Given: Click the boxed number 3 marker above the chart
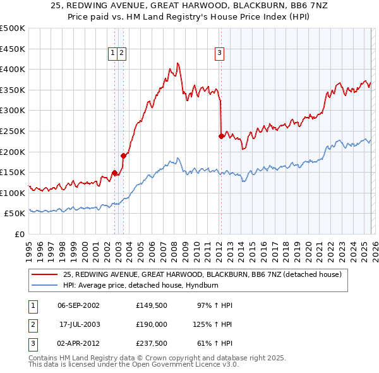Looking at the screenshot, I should pyautogui.click(x=219, y=54).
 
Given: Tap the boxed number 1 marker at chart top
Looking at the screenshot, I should pyautogui.click(x=112, y=54).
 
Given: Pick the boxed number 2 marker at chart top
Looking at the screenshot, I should pyautogui.click(x=121, y=54).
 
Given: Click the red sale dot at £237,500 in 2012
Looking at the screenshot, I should pyautogui.click(x=221, y=135).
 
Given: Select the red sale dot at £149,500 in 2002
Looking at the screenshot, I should pyautogui.click(x=114, y=172).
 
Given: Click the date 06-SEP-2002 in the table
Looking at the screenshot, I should pyautogui.click(x=79, y=305).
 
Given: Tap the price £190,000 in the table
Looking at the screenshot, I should pyautogui.click(x=151, y=324).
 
